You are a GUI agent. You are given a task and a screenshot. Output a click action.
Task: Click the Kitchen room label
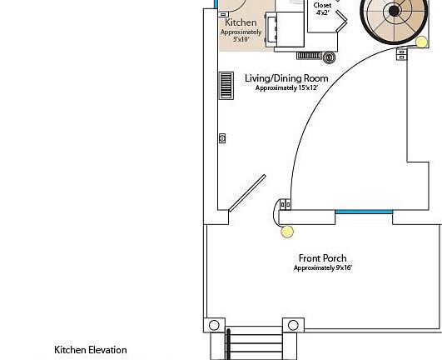point(241,22)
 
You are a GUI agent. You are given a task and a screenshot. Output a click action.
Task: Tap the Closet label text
point(322,5)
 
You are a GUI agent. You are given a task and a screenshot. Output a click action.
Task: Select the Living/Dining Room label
point(286,78)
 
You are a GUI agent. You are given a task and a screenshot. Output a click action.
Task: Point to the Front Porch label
point(322,258)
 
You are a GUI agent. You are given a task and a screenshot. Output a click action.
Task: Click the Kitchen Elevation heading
point(91,350)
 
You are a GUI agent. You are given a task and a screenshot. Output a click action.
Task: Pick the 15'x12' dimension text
point(308,87)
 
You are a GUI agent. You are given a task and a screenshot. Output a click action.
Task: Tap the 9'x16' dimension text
point(344,267)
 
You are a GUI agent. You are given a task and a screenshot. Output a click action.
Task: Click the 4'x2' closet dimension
point(323,12)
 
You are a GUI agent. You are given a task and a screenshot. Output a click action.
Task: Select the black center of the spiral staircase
point(394,11)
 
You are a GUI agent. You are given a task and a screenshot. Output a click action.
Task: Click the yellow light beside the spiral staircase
point(421,42)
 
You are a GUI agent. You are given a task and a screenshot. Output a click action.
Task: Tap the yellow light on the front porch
point(287,232)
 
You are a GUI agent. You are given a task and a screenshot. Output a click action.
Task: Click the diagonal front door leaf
point(247,193)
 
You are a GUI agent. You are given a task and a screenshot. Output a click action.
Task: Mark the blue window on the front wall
point(364,212)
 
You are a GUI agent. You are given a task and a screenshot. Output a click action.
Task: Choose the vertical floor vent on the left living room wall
point(226,86)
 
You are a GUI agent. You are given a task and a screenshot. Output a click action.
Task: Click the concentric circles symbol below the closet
point(329,57)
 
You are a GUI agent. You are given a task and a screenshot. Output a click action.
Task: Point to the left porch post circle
point(214,325)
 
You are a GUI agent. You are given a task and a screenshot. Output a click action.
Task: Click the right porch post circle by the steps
point(293,325)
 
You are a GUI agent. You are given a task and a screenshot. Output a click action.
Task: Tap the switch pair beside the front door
point(286,204)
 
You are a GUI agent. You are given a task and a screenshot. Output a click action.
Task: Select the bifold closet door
point(341,20)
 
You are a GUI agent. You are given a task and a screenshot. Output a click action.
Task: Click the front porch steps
point(254,343)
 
